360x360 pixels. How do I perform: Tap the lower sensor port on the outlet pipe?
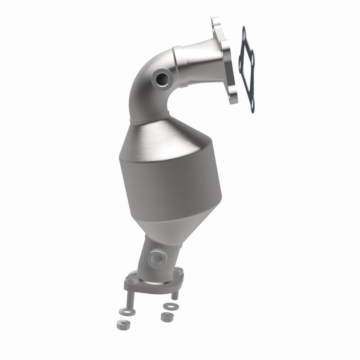[157, 258]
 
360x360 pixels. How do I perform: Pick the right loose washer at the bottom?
[170, 306]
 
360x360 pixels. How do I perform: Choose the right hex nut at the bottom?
[166, 317]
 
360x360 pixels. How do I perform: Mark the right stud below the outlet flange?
[175, 294]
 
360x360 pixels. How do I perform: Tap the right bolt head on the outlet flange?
[179, 272]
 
